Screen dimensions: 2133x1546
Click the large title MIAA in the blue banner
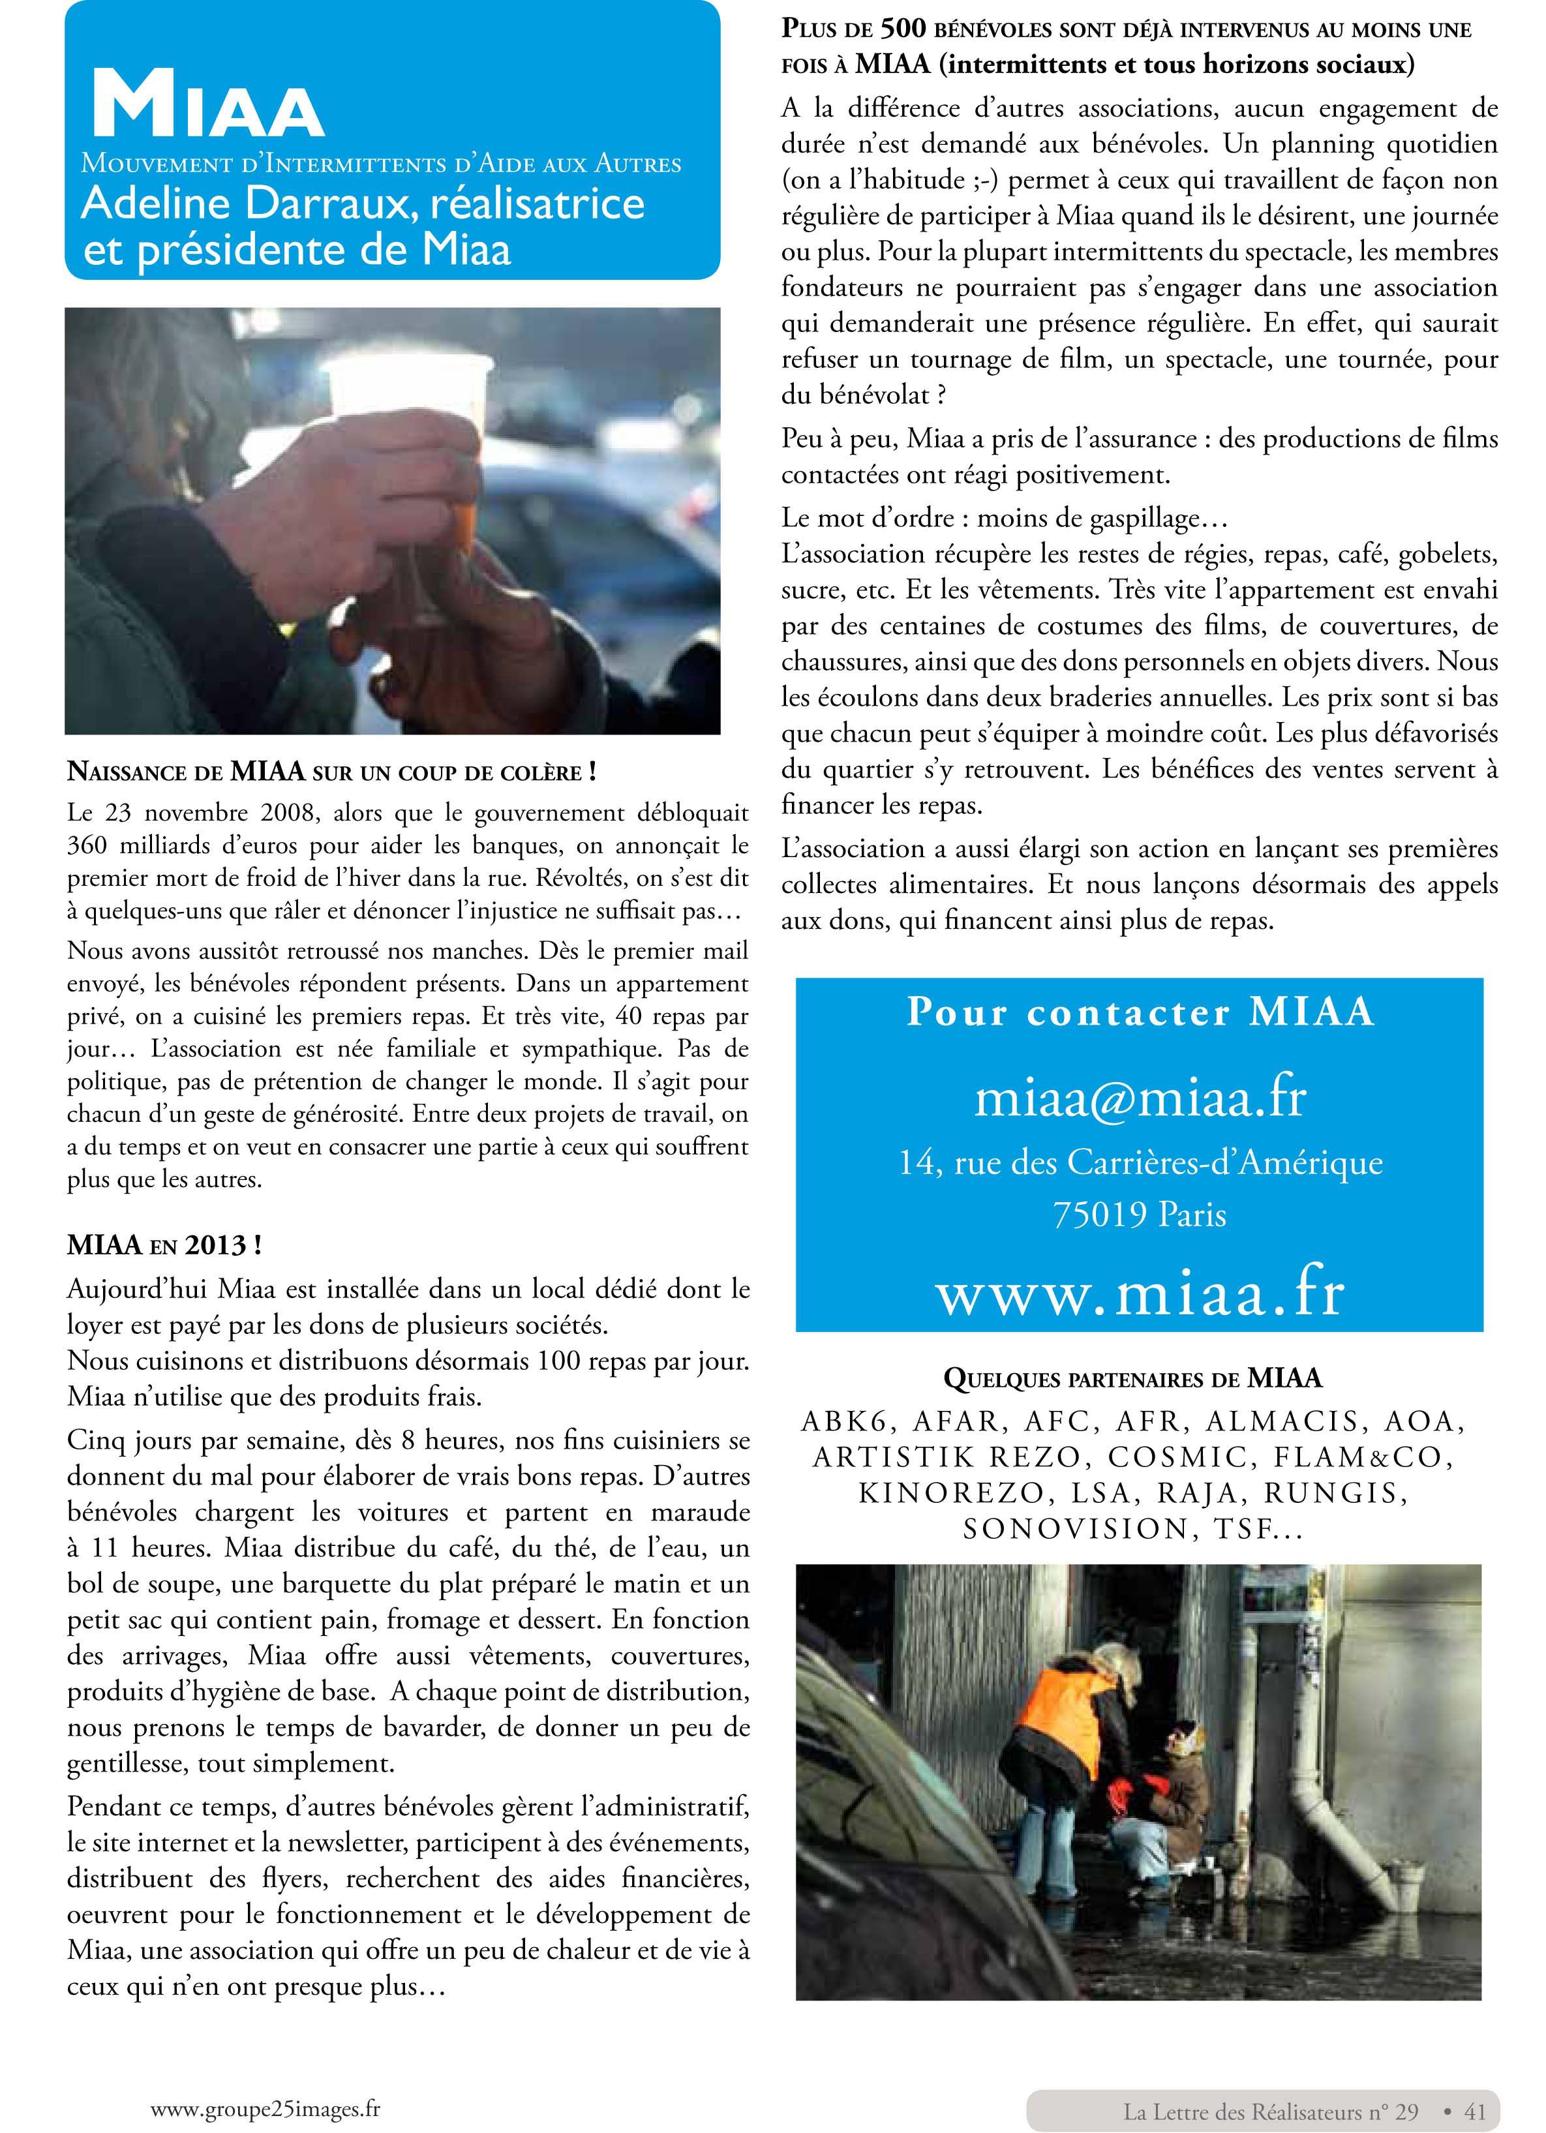[208, 104]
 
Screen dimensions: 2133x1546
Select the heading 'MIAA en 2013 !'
[164, 1245]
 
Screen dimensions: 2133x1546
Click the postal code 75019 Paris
[1140, 1215]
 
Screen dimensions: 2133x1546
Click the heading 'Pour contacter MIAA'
[1140, 1012]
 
